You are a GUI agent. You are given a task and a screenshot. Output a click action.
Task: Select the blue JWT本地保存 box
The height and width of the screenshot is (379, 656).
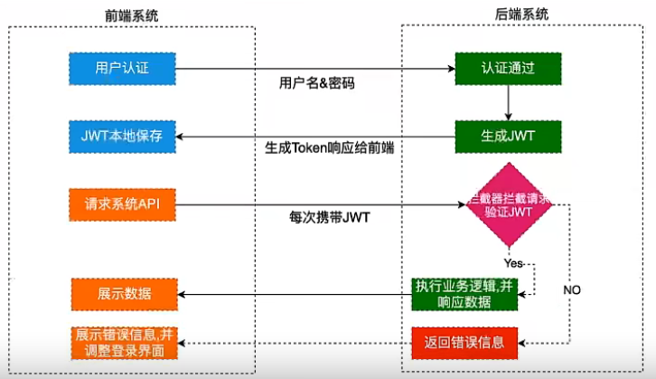[x=122, y=137]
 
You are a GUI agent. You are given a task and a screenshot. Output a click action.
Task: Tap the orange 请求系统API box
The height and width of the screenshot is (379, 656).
[x=122, y=204]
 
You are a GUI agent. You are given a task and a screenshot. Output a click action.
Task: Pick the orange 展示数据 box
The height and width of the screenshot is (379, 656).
[x=122, y=295]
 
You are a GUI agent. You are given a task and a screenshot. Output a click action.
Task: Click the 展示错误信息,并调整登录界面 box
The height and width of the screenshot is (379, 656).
[x=122, y=342]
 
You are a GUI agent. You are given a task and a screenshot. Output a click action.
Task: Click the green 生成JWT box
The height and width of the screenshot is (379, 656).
[x=508, y=137]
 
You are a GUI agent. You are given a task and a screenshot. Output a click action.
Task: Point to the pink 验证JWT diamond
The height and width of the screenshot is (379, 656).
[x=508, y=204]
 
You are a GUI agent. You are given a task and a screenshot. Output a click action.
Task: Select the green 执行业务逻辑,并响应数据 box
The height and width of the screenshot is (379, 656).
[x=464, y=293]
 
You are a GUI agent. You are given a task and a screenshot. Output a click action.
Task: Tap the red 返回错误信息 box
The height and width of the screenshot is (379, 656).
[x=464, y=343]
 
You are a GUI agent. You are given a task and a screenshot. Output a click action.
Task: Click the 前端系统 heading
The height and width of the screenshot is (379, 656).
[x=132, y=14]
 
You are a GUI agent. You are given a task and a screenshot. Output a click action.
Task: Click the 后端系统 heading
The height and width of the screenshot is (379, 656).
[x=520, y=14]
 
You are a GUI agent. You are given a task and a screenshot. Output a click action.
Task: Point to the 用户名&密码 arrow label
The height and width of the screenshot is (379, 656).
[x=317, y=83]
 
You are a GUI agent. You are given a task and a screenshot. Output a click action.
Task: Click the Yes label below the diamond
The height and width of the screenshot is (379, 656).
[x=513, y=263]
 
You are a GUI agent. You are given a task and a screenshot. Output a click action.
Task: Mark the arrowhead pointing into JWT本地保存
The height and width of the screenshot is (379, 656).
[x=179, y=137]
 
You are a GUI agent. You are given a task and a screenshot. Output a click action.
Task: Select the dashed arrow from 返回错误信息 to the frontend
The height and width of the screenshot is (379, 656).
[x=298, y=343]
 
